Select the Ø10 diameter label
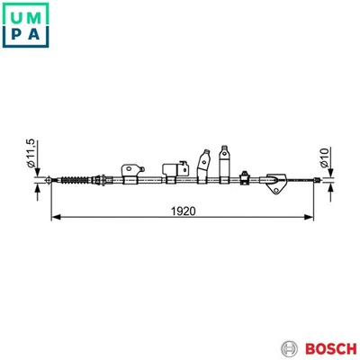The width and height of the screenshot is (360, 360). click(325, 159)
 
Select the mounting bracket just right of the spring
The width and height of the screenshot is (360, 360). click(131, 170)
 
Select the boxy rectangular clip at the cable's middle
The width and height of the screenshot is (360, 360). click(170, 172)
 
